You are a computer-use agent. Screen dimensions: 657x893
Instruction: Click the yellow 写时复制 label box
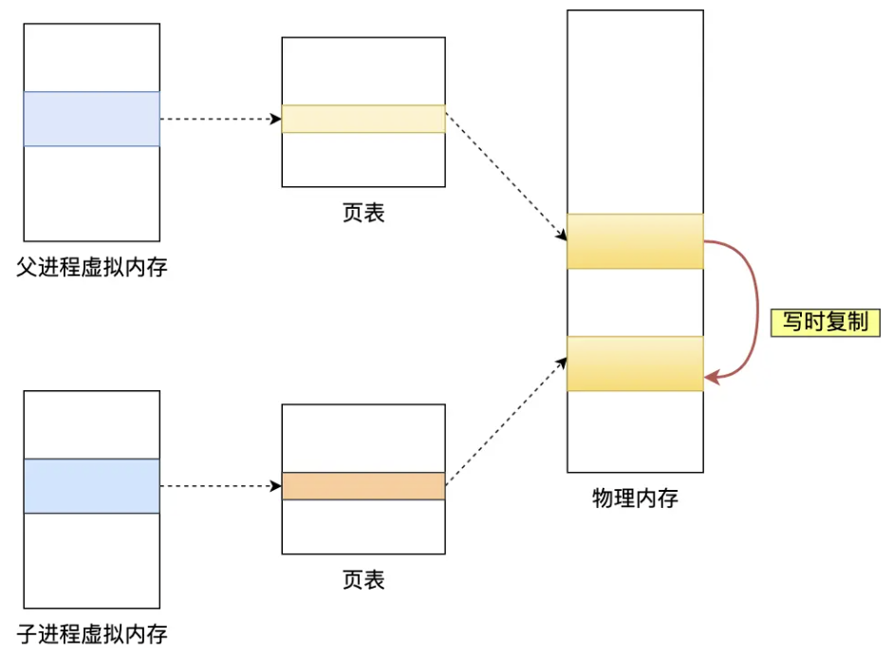[x=825, y=322]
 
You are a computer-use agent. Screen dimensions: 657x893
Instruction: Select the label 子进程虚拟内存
[x=92, y=634]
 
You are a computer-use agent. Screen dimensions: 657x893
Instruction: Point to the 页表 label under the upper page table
[x=363, y=213]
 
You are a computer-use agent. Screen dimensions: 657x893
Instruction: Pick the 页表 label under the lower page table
[x=363, y=579]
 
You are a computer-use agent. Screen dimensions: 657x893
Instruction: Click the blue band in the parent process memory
[x=92, y=119]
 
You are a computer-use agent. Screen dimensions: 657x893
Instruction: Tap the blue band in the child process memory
[x=92, y=486]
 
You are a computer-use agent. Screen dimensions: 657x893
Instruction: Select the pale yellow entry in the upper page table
[x=363, y=119]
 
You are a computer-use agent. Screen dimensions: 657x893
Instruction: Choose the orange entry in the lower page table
[x=363, y=486]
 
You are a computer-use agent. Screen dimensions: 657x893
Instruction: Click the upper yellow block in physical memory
[x=635, y=241]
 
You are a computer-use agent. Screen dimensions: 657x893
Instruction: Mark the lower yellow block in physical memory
[x=635, y=364]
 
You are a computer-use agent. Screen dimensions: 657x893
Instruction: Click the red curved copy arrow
[x=757, y=309]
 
